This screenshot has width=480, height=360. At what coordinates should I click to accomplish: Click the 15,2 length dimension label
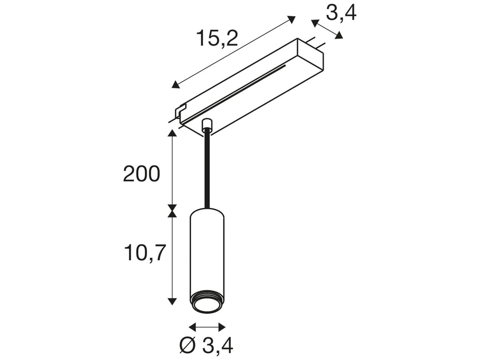[217, 39]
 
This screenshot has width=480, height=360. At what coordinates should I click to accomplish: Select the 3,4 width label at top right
[341, 13]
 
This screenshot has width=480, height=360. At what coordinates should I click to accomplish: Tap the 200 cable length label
[142, 174]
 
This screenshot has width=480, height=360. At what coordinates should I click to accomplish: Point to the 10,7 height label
[144, 253]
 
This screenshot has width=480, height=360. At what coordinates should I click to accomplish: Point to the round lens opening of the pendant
[207, 306]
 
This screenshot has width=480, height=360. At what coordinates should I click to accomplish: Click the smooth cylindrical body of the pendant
[207, 252]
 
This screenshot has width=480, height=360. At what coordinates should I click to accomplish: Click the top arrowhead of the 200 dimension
[172, 133]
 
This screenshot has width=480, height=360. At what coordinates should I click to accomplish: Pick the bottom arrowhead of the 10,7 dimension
[172, 301]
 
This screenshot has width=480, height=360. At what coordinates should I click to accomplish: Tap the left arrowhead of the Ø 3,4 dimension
[192, 327]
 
